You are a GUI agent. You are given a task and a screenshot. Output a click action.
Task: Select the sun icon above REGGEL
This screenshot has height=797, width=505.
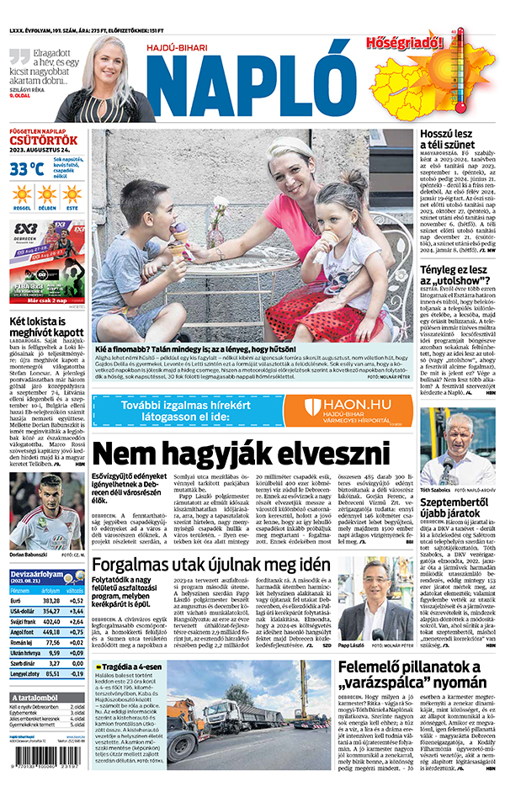coord(22,195)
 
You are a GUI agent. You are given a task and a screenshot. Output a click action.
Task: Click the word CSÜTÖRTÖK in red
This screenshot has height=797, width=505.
coord(44,141)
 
